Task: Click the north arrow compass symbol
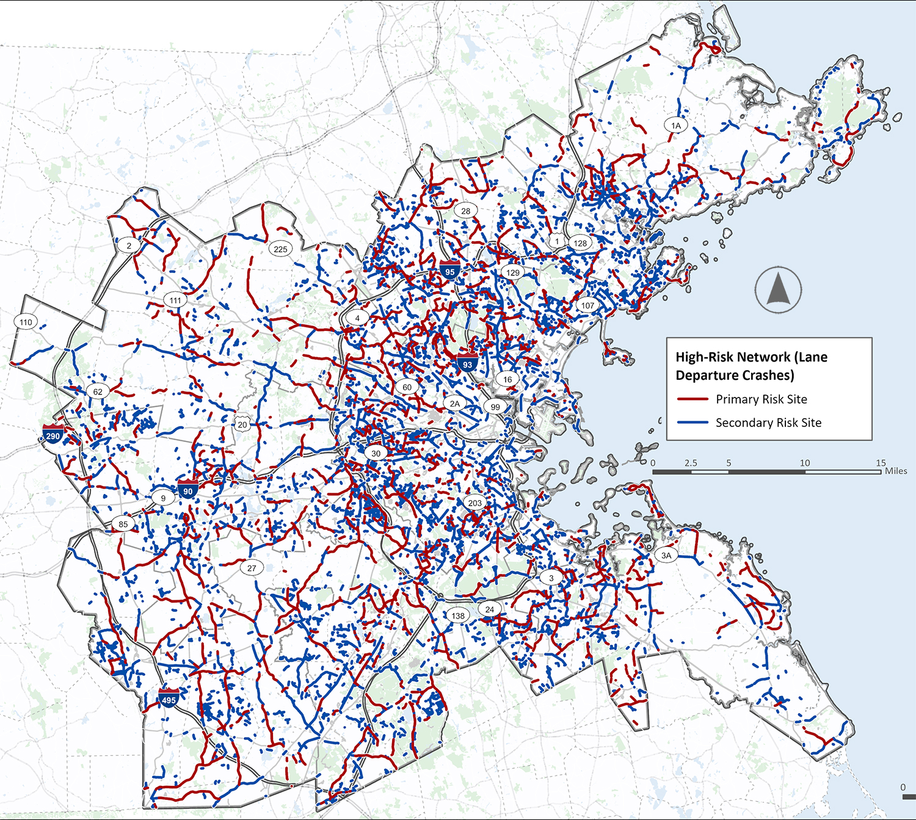click(x=778, y=290)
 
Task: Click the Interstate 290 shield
click(x=53, y=434)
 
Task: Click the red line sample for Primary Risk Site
click(x=692, y=399)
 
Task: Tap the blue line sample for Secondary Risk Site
click(x=692, y=423)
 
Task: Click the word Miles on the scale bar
click(x=896, y=471)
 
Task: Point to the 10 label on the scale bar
click(x=805, y=463)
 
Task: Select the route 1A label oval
click(x=676, y=125)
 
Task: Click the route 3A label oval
click(x=666, y=555)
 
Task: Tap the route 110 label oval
click(x=26, y=322)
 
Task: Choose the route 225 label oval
click(x=280, y=249)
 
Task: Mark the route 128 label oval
click(x=580, y=242)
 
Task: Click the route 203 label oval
click(x=475, y=503)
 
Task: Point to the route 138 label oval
click(x=458, y=615)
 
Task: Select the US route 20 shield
click(x=242, y=424)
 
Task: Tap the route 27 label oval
click(x=252, y=567)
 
